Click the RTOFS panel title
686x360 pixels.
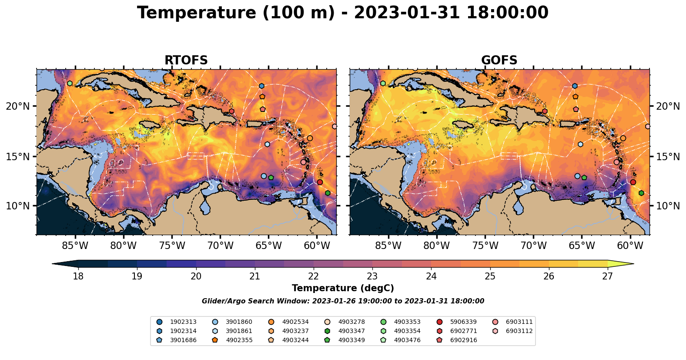(x=186, y=61)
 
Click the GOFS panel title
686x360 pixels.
(x=499, y=61)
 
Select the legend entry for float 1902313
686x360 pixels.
(x=183, y=322)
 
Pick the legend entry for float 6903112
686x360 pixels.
(x=519, y=331)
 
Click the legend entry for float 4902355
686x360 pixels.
(x=239, y=340)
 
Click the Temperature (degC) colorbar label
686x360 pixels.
(x=343, y=288)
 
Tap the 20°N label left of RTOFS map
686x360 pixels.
(x=18, y=106)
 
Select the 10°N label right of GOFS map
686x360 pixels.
(x=668, y=206)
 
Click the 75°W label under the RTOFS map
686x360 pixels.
(x=172, y=246)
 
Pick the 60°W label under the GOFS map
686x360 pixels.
(x=630, y=246)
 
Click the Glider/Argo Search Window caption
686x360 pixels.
(x=343, y=301)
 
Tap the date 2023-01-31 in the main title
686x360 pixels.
(x=407, y=13)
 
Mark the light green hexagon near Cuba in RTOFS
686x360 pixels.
(x=70, y=83)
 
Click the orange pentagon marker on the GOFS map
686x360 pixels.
(x=576, y=97)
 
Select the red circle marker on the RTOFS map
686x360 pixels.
(x=320, y=182)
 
